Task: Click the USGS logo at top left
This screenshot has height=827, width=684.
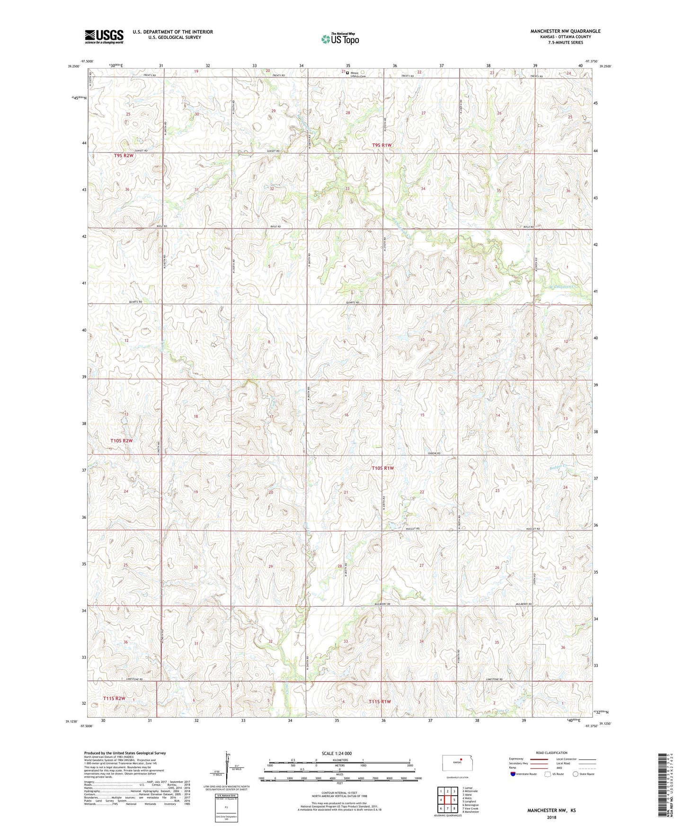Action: point(104,36)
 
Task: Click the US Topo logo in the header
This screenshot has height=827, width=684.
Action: point(340,39)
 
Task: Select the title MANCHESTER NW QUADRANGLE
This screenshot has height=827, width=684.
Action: point(565,31)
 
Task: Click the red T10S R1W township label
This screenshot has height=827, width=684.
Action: point(382,468)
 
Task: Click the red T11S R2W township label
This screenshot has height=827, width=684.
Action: point(114,698)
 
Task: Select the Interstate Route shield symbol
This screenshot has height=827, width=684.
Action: point(513,774)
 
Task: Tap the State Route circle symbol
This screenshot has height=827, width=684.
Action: point(575,774)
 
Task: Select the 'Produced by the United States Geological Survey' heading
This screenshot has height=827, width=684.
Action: point(124,753)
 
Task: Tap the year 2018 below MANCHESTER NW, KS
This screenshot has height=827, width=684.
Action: point(551,817)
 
